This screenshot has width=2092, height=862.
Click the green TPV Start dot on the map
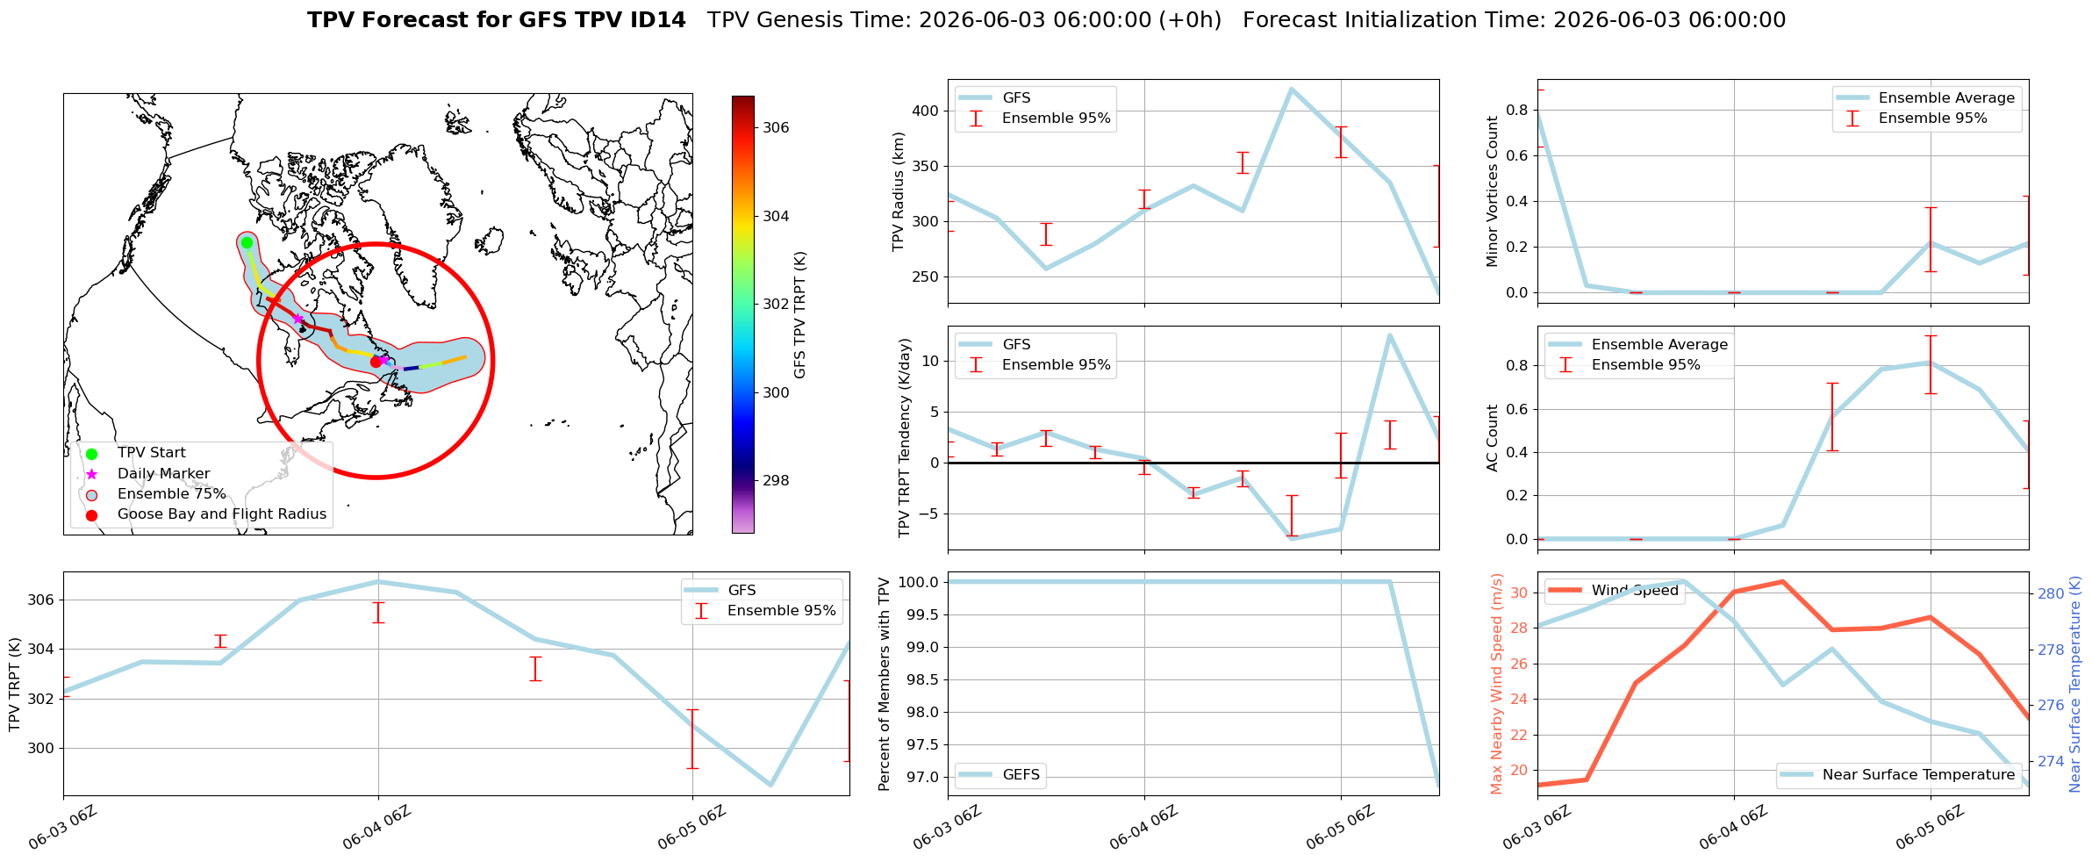tap(247, 243)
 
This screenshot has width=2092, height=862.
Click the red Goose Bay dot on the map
tap(376, 362)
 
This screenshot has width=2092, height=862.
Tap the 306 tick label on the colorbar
tap(776, 128)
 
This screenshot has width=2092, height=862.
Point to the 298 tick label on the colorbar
tap(776, 481)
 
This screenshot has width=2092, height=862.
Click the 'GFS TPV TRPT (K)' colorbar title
tap(799, 315)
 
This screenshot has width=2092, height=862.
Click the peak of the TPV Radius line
tap(1291, 89)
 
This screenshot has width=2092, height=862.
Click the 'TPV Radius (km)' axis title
tap(898, 191)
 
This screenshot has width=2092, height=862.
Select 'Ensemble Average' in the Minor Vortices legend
tap(1946, 98)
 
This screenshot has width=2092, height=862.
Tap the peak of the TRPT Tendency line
tap(1389, 334)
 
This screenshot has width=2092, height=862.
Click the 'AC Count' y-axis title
tap(1492, 438)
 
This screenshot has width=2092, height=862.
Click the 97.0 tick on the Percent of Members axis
tap(924, 778)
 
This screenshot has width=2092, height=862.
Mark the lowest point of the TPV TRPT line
tap(770, 785)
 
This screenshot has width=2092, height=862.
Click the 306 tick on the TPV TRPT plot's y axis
tap(42, 600)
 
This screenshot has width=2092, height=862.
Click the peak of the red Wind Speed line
tap(1782, 581)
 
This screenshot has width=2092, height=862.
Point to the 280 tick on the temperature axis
tap(2051, 594)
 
